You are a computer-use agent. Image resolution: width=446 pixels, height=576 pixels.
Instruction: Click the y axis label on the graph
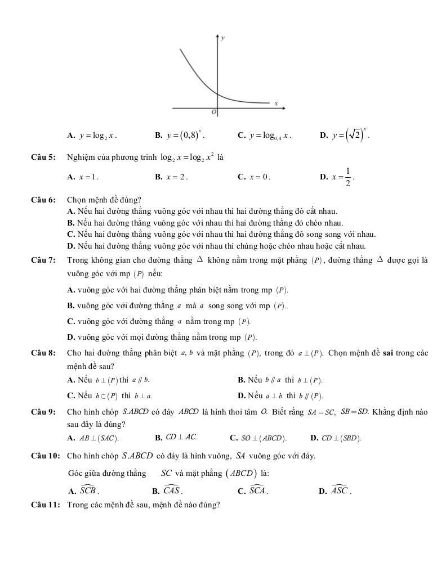point(224,38)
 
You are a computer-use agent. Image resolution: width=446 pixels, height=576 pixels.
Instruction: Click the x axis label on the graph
point(276,103)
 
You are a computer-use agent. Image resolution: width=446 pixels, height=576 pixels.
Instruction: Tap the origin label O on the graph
point(213,112)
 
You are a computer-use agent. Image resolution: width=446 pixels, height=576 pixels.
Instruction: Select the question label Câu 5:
point(43,157)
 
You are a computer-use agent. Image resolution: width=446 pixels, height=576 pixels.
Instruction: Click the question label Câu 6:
point(43,200)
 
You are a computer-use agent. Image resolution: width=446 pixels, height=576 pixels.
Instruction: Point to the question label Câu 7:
point(43,260)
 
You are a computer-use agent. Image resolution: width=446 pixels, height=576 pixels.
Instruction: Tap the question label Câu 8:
point(43,353)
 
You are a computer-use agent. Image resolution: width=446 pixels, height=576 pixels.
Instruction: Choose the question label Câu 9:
point(43,412)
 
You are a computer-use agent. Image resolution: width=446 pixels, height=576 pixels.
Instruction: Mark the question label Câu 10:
point(45,456)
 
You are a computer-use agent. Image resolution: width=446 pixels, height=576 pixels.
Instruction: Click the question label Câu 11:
point(45,505)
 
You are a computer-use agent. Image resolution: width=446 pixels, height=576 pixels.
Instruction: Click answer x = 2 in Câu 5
point(176,177)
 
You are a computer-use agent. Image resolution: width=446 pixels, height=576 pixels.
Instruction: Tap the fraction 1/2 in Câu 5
point(347,177)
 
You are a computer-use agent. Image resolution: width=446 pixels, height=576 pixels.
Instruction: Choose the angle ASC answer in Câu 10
point(340,490)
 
